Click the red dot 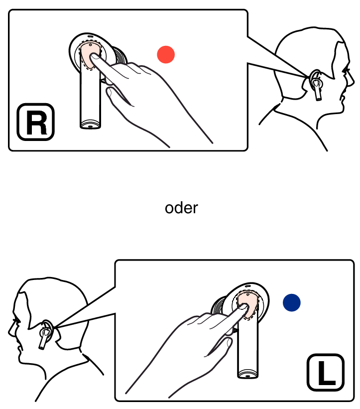[166, 54]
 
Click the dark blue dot [292, 302]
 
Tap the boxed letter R [36, 122]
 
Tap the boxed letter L [326, 373]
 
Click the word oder [181, 208]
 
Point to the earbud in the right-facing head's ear [316, 86]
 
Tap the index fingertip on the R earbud [94, 57]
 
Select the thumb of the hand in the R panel [118, 96]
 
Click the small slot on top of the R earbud [90, 36]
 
